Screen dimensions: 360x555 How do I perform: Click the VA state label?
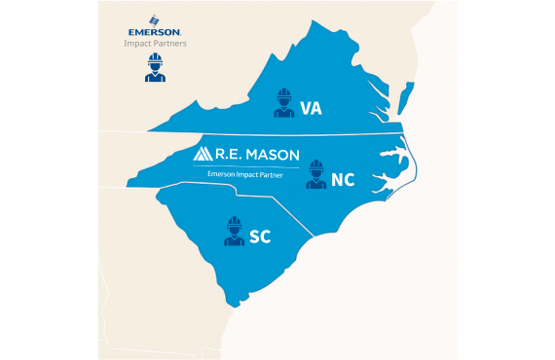[311, 107]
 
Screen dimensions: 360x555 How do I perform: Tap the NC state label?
[343, 179]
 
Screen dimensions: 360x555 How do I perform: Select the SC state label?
[259, 236]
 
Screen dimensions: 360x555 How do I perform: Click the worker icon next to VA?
[283, 102]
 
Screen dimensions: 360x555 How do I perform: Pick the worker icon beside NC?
[315, 175]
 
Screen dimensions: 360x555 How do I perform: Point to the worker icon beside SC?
[233, 232]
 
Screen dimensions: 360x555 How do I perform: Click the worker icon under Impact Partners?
[154, 67]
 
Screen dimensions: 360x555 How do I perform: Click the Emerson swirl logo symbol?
[154, 18]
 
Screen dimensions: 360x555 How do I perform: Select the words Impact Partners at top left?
[154, 44]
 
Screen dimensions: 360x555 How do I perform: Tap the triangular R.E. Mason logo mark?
[204, 154]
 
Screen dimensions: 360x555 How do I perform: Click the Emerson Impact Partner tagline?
[246, 172]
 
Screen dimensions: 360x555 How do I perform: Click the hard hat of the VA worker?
[283, 93]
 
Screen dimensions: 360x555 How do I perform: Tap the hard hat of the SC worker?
[233, 222]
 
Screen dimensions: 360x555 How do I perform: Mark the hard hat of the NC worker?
[315, 165]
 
